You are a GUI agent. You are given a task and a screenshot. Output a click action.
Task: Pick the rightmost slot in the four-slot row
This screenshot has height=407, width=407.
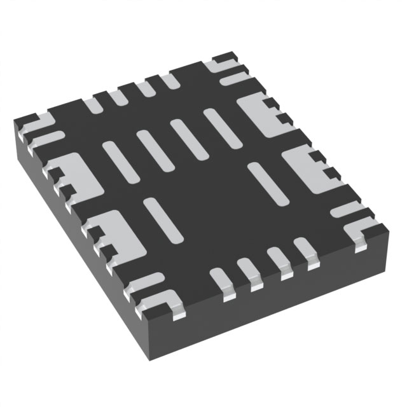[x=220, y=125]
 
